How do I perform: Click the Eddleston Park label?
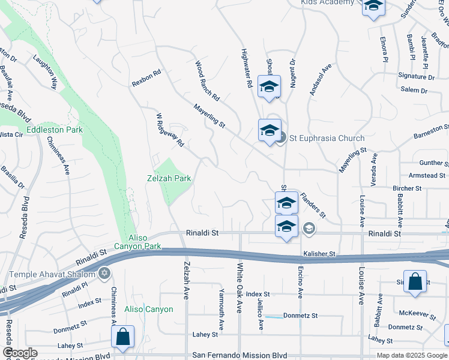click(x=55, y=130)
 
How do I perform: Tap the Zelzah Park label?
click(x=169, y=178)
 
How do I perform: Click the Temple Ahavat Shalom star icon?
click(x=104, y=274)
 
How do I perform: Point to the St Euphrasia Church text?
click(x=327, y=138)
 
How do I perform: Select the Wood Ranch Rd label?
click(x=207, y=80)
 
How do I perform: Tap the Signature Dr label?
click(x=417, y=77)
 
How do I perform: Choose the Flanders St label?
click(x=313, y=205)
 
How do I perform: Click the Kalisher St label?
click(x=318, y=254)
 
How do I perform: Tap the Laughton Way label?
click(x=45, y=73)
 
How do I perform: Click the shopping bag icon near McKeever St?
click(x=415, y=283)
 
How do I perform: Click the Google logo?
click(x=20, y=353)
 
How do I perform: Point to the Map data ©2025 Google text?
click(x=412, y=355)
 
